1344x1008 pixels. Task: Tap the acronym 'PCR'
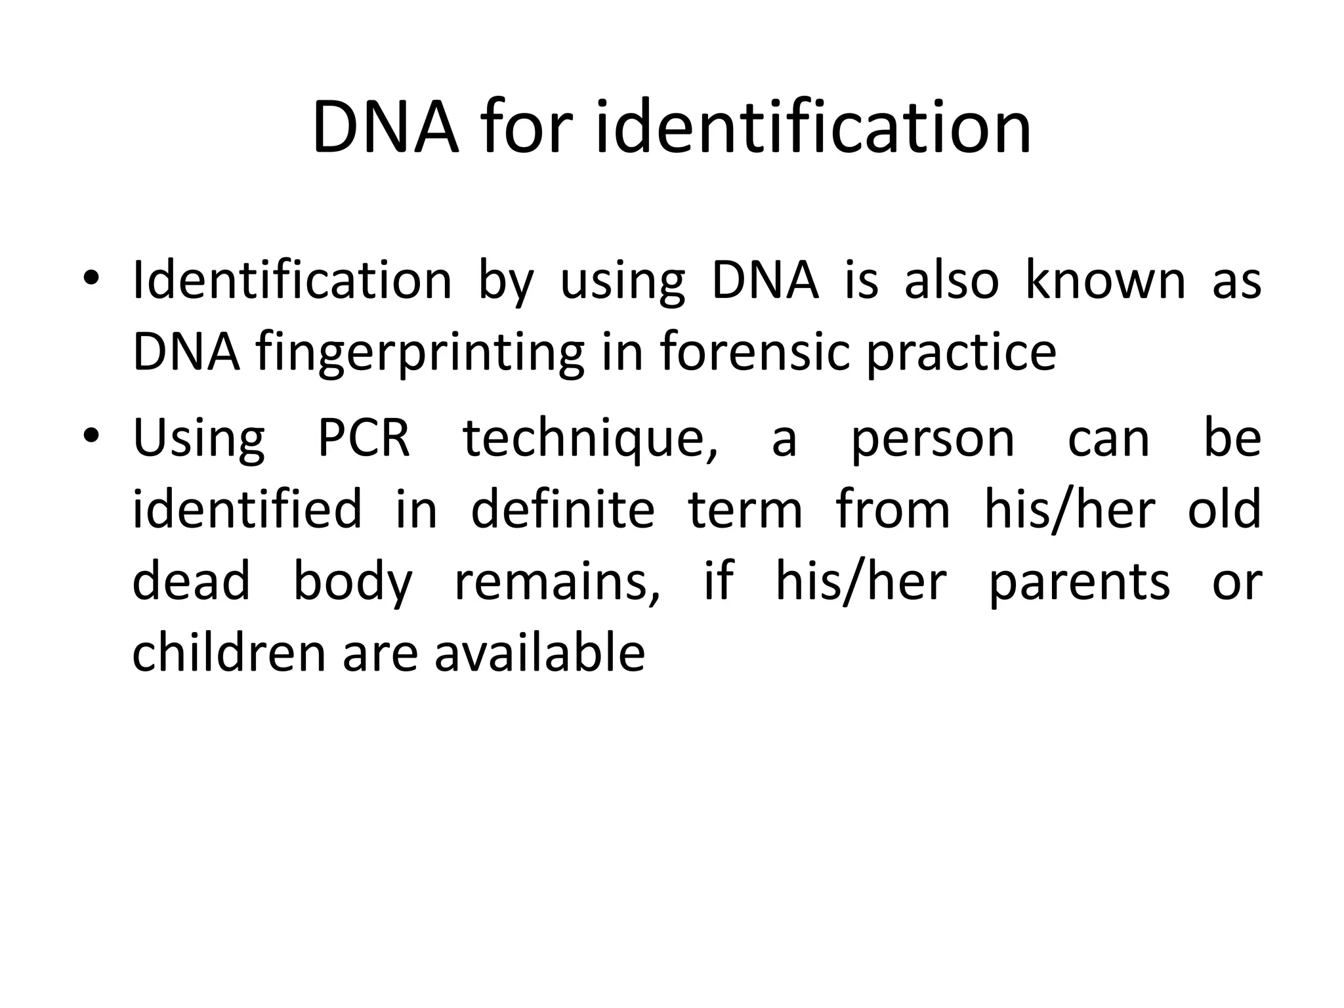coord(364,438)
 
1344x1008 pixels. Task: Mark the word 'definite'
coord(563,509)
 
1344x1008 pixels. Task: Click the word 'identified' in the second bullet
coord(247,509)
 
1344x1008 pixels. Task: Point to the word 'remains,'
coord(557,582)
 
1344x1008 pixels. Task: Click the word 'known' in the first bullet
coord(1106,280)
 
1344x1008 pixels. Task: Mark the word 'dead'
coord(191,581)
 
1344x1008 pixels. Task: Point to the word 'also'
coord(952,280)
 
